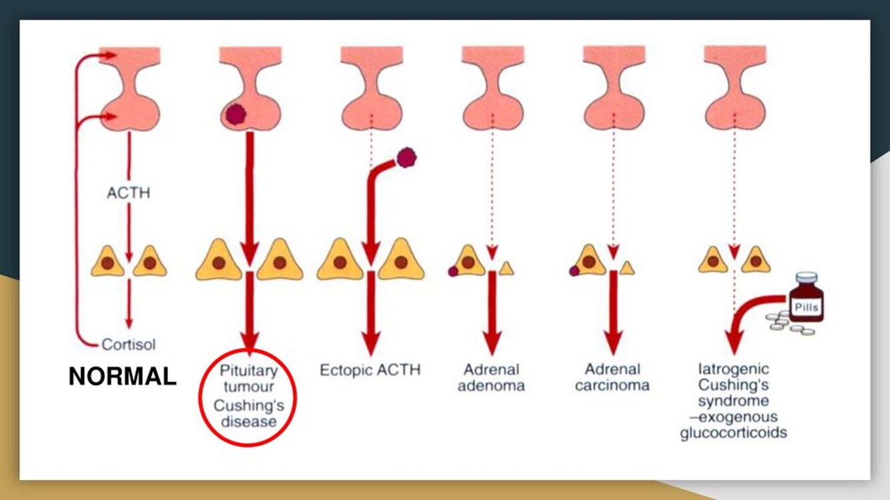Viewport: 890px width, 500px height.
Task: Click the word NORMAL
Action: [122, 377]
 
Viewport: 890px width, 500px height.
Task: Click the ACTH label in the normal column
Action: [128, 194]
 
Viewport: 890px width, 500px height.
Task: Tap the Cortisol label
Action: [129, 345]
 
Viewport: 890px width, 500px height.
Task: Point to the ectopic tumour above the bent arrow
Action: [406, 158]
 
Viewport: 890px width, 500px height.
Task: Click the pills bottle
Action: [807, 298]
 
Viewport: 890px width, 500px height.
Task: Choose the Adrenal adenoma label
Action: [491, 377]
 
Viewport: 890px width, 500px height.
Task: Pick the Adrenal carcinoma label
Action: [613, 377]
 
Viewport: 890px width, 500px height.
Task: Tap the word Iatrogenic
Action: [733, 369]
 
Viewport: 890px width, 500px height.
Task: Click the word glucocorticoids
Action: [733, 433]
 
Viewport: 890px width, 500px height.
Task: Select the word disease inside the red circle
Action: [250, 421]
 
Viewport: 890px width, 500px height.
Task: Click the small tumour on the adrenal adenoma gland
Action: [453, 271]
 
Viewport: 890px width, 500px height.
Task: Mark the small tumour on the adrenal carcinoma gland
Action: [574, 271]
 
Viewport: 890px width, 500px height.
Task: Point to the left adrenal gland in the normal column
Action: [107, 262]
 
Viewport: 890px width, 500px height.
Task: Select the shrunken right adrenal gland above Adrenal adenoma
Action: [506, 268]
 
